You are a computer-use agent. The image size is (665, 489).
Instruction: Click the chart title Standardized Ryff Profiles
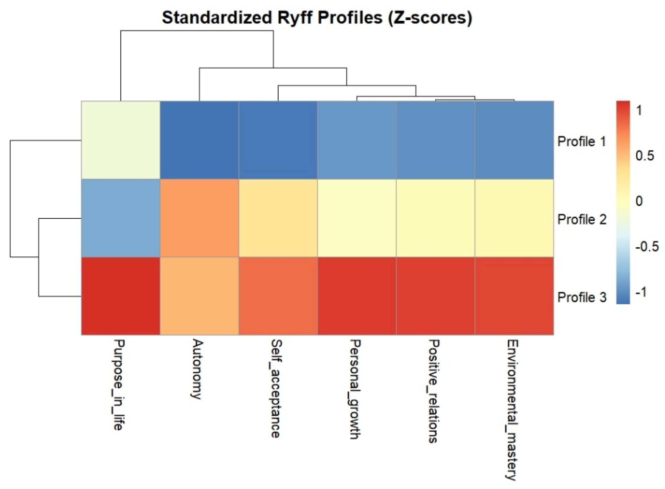pos(317,18)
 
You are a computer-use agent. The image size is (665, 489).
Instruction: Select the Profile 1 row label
pos(582,142)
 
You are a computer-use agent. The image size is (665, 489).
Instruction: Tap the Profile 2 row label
pos(582,219)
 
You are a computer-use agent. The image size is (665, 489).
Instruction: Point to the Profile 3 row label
pos(582,297)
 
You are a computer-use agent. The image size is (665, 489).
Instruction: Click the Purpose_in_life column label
pos(119,385)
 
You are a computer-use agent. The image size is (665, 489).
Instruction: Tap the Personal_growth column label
pos(355,389)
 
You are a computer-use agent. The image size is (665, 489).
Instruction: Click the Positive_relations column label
pos(433,391)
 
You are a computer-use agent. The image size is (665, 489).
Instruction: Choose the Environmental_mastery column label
pos(512,410)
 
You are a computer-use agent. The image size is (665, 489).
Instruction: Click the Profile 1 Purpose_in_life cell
pos(120,140)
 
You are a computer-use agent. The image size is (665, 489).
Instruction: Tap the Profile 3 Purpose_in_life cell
pos(120,296)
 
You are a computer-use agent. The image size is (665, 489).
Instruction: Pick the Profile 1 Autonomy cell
pos(199,140)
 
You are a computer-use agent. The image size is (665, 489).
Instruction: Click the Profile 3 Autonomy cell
pos(199,296)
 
